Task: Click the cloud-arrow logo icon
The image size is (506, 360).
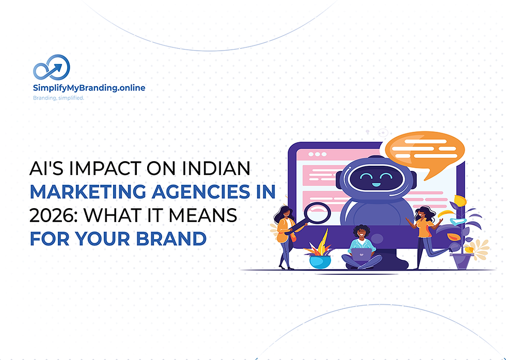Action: [52, 68]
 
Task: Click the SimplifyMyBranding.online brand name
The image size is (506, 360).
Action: [89, 88]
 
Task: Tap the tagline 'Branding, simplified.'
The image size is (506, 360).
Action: [58, 98]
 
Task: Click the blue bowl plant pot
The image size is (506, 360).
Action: [319, 261]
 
